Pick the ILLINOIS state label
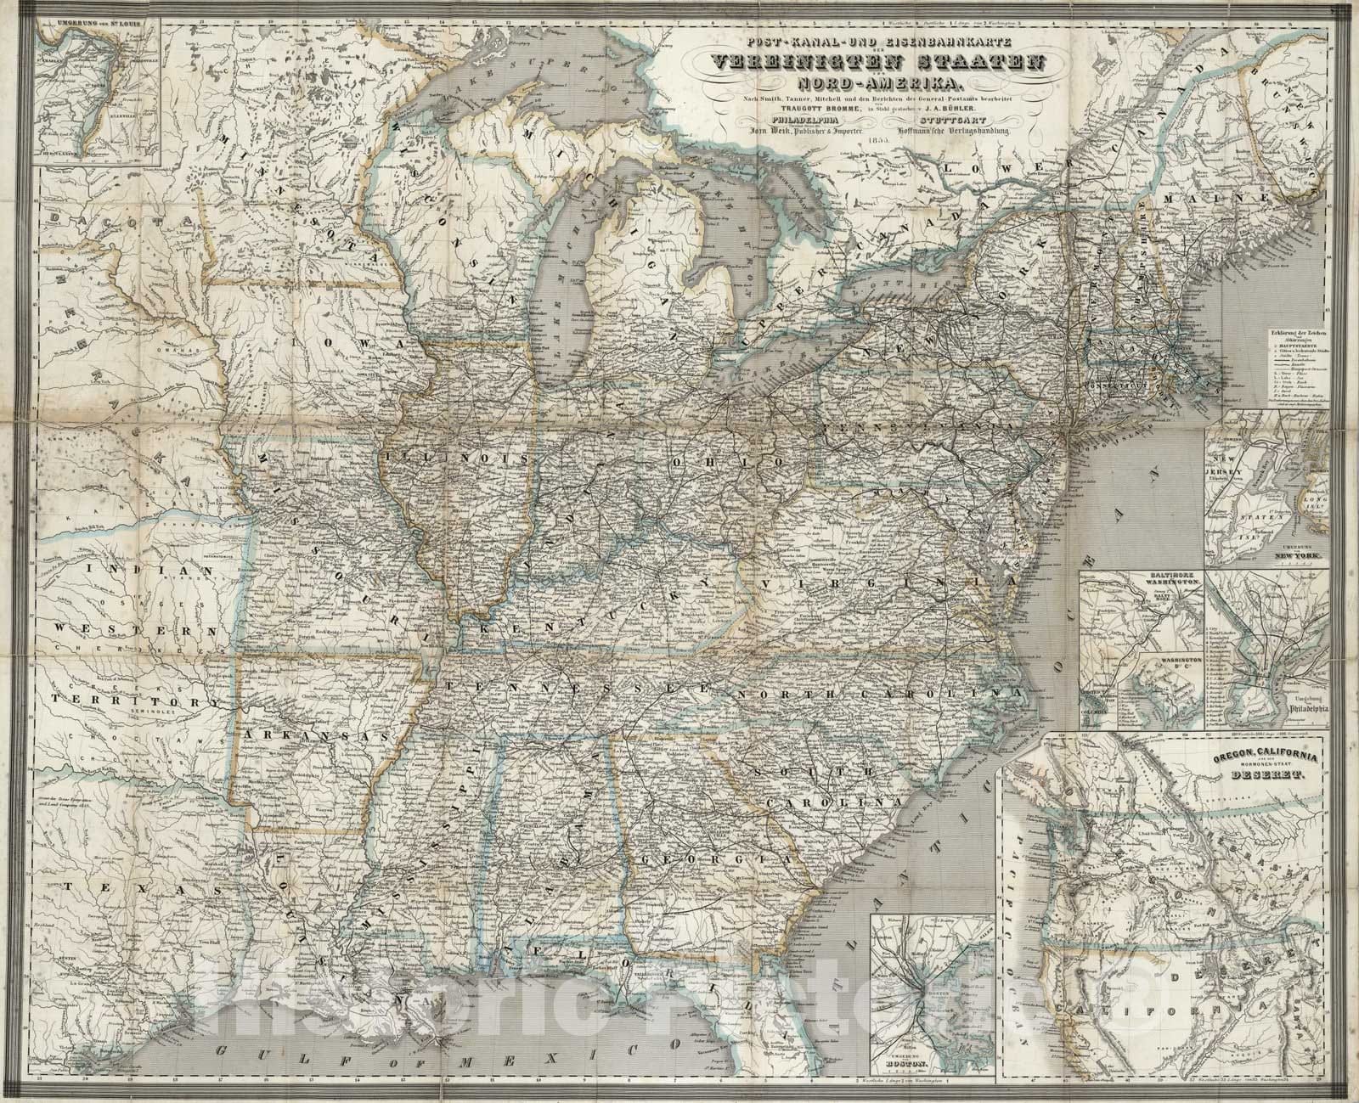pyautogui.click(x=459, y=457)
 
